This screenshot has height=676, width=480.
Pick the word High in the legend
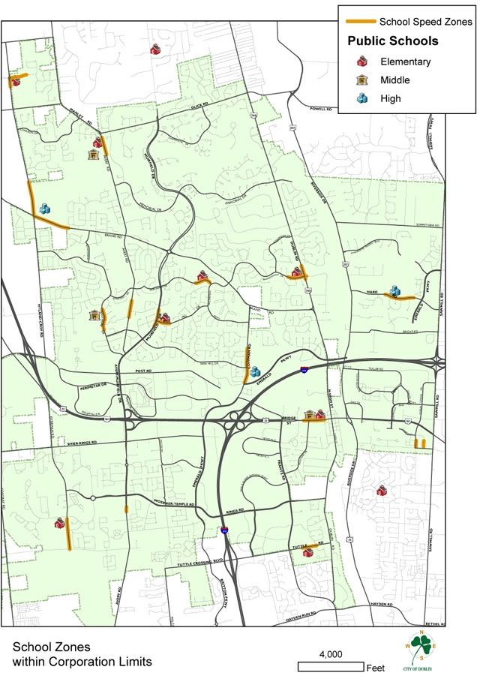[390, 98]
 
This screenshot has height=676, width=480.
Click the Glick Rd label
[198, 107]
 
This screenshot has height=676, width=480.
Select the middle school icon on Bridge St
[308, 415]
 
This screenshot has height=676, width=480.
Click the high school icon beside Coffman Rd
[255, 372]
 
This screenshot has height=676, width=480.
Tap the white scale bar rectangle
[331, 666]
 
